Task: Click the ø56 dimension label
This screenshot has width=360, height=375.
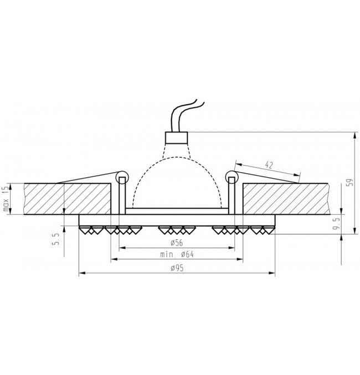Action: (x=177, y=243)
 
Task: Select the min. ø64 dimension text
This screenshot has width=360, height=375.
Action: (x=177, y=254)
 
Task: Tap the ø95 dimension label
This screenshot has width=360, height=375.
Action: (x=177, y=268)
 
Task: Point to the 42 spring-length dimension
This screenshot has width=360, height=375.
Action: (x=269, y=165)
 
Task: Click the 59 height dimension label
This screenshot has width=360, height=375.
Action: (x=349, y=183)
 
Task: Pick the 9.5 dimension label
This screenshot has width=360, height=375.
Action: (x=336, y=223)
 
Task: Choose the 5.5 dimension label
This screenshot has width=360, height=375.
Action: (x=55, y=239)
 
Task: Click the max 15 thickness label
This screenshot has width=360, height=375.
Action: (x=6, y=199)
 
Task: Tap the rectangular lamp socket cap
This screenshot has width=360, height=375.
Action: (x=177, y=137)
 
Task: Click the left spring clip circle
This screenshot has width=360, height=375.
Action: (x=122, y=177)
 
